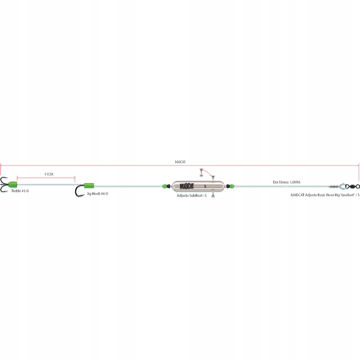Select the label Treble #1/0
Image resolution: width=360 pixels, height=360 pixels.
20,191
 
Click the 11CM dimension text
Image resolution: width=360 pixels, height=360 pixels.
49,174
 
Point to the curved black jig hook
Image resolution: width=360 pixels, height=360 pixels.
78,191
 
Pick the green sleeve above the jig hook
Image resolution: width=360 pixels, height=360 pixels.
89,186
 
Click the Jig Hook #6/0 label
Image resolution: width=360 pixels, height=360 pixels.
97,194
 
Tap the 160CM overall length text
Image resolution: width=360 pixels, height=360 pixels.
180,162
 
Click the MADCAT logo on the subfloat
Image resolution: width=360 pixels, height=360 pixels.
189,186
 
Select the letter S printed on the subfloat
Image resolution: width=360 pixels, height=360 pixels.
205,186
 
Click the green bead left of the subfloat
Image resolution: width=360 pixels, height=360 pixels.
165,186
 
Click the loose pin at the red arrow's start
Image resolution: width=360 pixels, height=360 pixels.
201,172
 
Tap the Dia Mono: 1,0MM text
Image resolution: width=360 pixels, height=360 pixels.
287,183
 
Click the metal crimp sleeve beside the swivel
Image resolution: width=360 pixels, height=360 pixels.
334,186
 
